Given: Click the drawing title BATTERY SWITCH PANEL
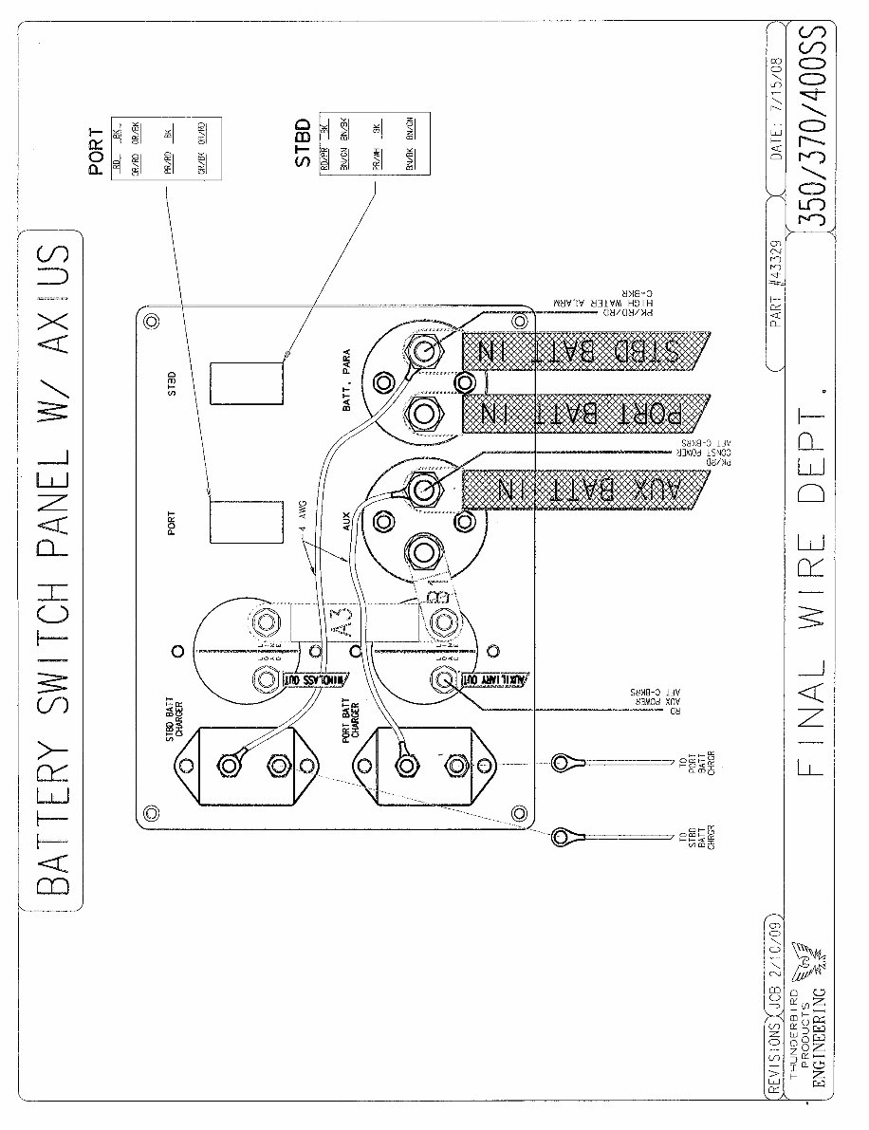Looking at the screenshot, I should pos(52,569).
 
